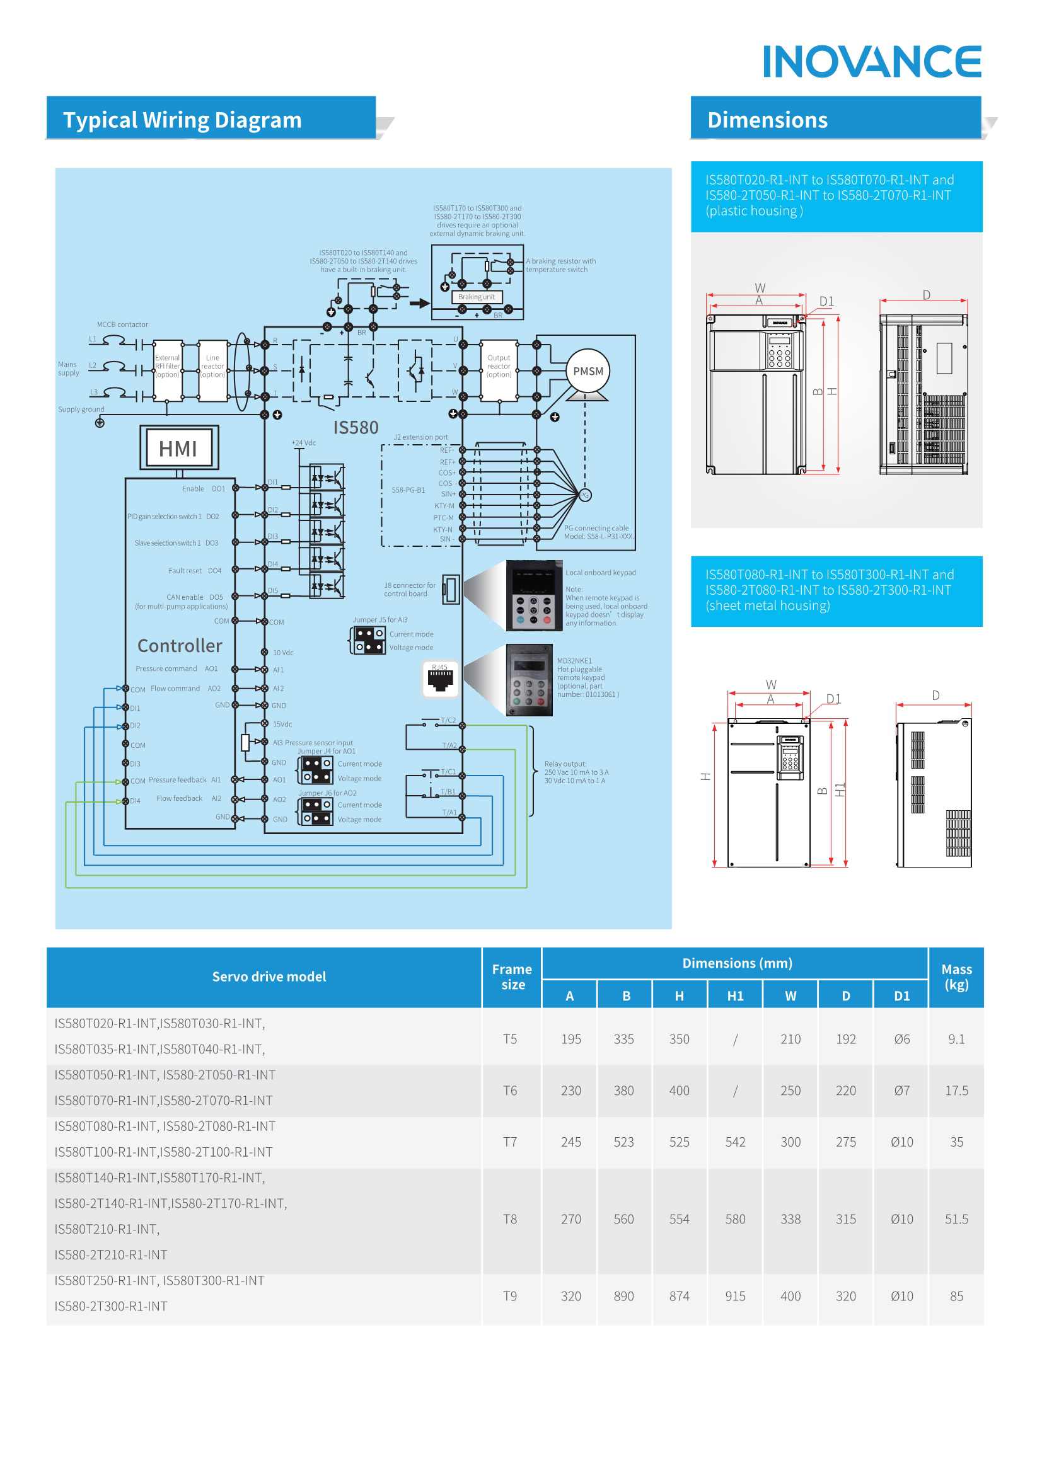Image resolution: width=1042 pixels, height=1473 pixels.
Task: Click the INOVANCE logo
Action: tap(871, 62)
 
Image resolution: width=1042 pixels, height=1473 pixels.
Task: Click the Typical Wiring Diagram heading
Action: tap(182, 120)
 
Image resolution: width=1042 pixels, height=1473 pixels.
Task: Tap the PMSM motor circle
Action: tap(588, 372)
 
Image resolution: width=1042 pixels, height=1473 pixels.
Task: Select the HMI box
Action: tap(179, 448)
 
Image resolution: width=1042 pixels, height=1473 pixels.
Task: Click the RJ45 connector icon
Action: tap(441, 679)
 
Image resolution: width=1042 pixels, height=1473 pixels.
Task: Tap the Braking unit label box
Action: tap(477, 297)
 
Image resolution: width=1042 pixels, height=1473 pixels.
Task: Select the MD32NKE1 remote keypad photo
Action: tap(530, 680)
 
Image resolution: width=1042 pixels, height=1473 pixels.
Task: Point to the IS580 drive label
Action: tap(355, 428)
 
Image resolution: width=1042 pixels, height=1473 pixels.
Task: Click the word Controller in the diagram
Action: tap(180, 645)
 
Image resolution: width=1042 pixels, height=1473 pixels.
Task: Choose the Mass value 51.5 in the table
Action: tap(956, 1219)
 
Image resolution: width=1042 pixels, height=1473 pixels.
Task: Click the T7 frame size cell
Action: tap(510, 1142)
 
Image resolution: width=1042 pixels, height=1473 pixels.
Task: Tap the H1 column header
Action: tap(735, 995)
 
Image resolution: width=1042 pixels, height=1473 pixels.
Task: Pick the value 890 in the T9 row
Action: tap(623, 1296)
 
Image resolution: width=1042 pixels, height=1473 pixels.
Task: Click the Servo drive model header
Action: tap(269, 977)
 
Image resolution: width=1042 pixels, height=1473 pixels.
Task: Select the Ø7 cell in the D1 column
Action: tap(901, 1091)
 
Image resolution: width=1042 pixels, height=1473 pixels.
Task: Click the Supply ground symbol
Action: tap(100, 423)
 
